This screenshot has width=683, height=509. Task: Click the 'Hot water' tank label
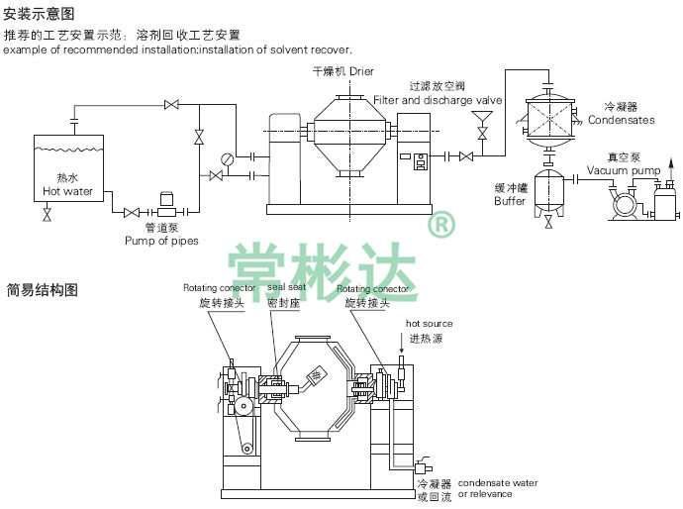tap(67, 191)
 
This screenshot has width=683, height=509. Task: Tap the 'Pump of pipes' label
tap(161, 240)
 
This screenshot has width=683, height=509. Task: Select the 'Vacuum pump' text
tap(624, 170)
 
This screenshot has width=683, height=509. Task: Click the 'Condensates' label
tap(621, 120)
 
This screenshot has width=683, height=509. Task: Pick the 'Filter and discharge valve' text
tap(438, 100)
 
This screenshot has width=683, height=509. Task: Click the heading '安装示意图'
tap(41, 14)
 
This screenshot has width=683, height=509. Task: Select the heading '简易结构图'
tap(41, 290)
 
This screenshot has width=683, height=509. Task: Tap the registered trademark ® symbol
tap(440, 227)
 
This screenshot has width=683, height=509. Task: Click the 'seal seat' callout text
tap(287, 288)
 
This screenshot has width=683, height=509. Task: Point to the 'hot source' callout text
tap(429, 324)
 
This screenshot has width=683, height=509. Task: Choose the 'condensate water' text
tap(498, 482)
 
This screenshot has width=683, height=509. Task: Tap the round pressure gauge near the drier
tap(229, 156)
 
